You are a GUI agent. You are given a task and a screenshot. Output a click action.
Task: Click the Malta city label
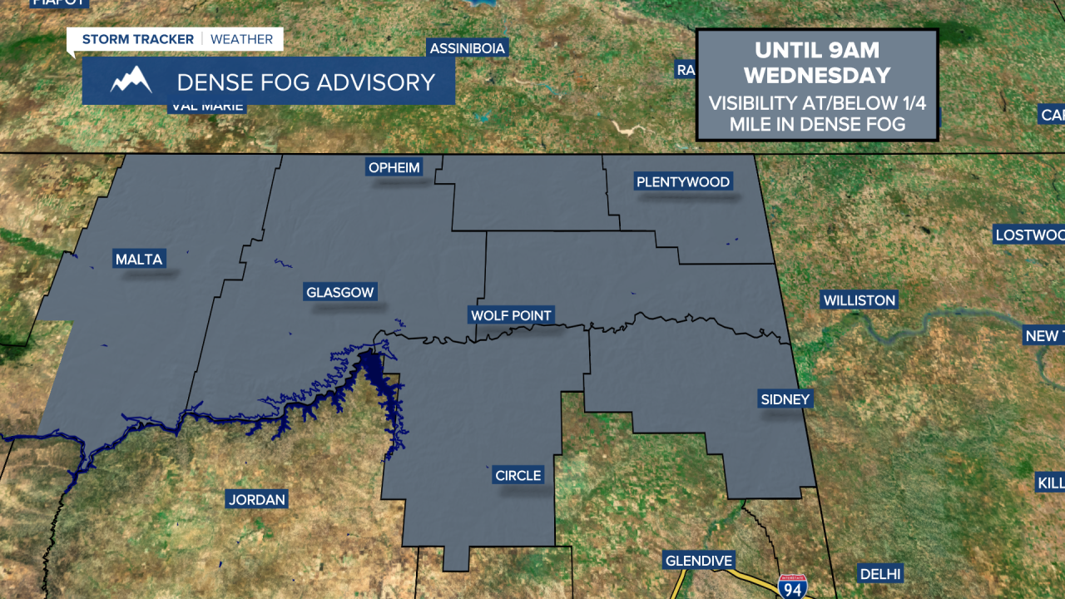click(139, 259)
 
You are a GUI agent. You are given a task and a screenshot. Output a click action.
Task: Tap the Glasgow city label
click(340, 292)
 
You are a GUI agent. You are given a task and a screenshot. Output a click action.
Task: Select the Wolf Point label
click(512, 315)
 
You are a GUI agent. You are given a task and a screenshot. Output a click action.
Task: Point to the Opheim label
click(395, 167)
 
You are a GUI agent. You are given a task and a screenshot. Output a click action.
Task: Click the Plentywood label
click(683, 181)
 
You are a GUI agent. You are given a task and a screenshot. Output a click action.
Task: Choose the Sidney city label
click(785, 399)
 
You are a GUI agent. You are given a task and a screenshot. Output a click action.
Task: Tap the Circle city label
click(518, 475)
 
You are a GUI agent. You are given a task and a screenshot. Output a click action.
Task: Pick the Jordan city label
click(257, 499)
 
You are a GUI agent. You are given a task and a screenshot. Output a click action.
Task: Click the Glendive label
click(699, 561)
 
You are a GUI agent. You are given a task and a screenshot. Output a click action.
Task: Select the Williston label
click(859, 300)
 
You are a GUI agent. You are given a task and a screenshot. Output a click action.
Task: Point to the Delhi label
click(880, 573)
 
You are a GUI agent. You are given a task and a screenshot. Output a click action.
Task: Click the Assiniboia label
click(468, 48)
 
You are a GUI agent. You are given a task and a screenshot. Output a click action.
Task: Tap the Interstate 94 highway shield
click(792, 586)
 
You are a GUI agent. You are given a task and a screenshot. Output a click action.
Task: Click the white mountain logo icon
click(131, 81)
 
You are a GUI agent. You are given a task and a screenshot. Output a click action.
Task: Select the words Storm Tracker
click(137, 39)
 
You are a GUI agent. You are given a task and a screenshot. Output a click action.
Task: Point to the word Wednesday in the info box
click(817, 76)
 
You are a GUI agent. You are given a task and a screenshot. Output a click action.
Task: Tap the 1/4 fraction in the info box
click(912, 104)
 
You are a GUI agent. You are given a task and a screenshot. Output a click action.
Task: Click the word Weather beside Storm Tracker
click(241, 39)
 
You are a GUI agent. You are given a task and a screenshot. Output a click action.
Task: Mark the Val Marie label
click(207, 106)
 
